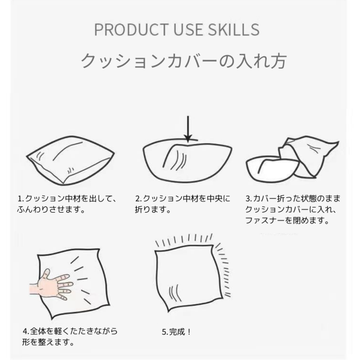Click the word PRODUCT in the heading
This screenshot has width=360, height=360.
tap(131, 29)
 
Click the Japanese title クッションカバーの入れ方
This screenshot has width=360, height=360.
tap(184, 61)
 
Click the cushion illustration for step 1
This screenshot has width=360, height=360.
tap(70, 160)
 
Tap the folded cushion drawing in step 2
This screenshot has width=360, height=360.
tap(187, 160)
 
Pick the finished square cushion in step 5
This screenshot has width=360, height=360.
tap(189, 277)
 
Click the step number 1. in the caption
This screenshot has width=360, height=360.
tap(21, 199)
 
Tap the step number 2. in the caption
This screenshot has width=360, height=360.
tap(138, 199)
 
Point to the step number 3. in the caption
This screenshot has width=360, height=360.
tap(249, 199)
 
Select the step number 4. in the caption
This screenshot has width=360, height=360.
tap(26, 331)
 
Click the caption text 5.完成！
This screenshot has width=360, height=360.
tap(176, 332)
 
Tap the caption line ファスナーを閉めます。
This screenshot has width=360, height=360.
tap(287, 220)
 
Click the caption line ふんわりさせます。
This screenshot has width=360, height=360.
tap(51, 210)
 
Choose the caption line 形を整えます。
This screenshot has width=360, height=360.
tap(48, 343)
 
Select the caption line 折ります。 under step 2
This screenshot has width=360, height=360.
tap(152, 210)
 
